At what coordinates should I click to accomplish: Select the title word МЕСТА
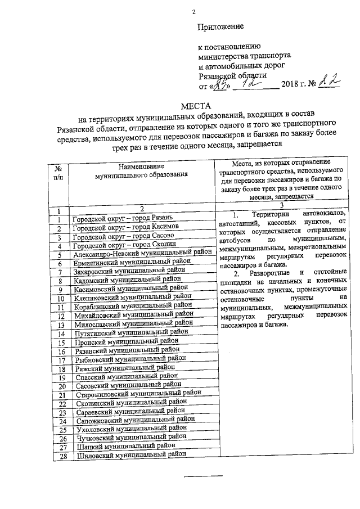tap(195, 106)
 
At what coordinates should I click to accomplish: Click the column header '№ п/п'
tap(58, 173)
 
